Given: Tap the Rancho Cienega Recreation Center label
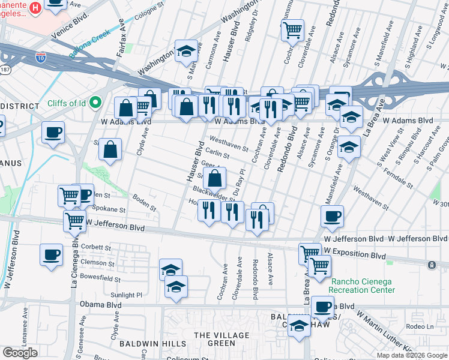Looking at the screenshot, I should [362, 285].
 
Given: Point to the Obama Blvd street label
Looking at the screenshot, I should [100, 305].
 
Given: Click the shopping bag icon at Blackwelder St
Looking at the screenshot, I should [215, 178].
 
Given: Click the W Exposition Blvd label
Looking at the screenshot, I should [354, 256].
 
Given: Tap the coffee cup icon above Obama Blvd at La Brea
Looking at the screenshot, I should [323, 306].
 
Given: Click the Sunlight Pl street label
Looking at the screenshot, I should [125, 295].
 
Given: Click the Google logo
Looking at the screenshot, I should [20, 352].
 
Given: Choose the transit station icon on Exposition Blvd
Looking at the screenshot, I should [431, 265].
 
